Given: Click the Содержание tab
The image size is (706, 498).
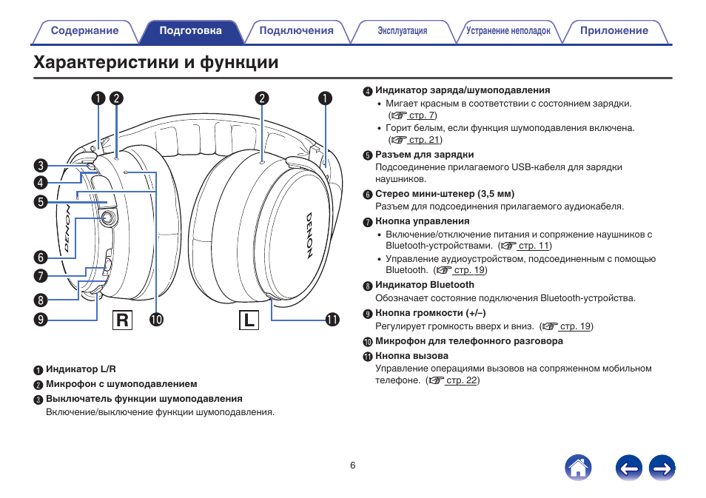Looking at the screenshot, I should coord(84,31).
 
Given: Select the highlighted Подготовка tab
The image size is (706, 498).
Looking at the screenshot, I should coord(190,31).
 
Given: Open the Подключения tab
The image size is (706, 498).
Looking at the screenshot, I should coord(297,31).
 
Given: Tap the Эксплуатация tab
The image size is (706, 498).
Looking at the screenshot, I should coord(403,31).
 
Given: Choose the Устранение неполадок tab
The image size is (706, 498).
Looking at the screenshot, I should coord(508,31).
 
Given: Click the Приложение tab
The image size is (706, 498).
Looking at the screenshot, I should coord(614,31).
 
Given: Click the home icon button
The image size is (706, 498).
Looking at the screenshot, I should coord(578,468).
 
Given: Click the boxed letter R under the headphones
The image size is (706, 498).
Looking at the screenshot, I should coord(123,320).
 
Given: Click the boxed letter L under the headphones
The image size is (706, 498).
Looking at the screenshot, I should coord(249,320).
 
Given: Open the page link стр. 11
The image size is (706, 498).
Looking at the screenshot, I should coord(534,246).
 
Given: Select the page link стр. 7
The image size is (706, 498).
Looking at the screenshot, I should coord(422,115).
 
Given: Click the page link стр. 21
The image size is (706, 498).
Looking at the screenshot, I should coord(425,140).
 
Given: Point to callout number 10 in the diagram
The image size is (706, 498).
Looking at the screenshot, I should coord(156,320).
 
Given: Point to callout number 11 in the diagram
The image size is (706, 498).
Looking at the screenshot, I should coord(332,320).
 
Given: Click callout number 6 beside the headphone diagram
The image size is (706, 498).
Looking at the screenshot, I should coord(40,258).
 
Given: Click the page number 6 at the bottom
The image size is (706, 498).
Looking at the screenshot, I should coord(353,465).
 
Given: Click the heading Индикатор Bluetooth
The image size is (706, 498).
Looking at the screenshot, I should coord(425,285).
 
